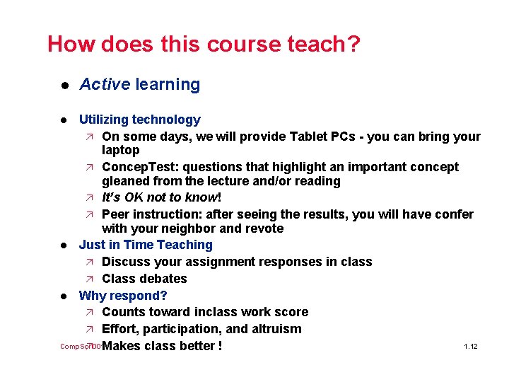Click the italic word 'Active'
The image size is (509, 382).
[105, 85]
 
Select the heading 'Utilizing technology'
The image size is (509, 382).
[139, 120]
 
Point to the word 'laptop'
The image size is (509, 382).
[121, 150]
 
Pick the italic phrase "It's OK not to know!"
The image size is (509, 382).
[162, 197]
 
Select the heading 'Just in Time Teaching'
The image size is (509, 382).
[146, 245]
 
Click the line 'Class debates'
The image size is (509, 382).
[144, 279]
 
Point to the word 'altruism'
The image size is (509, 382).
[275, 329]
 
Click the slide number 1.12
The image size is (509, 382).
[471, 347]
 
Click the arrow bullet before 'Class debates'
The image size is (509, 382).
[89, 279]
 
